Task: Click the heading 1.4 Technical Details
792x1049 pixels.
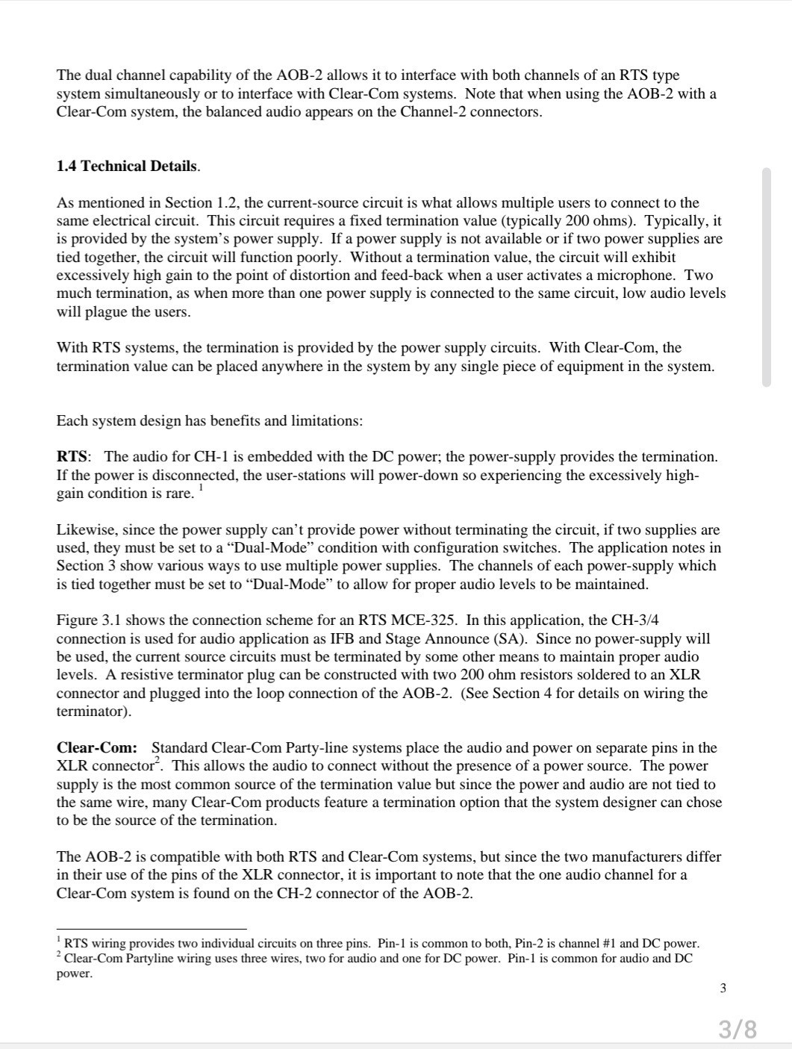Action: pos(128,166)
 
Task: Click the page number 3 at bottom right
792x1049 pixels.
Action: pos(723,989)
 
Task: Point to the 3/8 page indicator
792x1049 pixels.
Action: pos(738,1030)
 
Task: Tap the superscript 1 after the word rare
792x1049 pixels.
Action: pos(201,488)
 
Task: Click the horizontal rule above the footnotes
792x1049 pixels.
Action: pos(152,930)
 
